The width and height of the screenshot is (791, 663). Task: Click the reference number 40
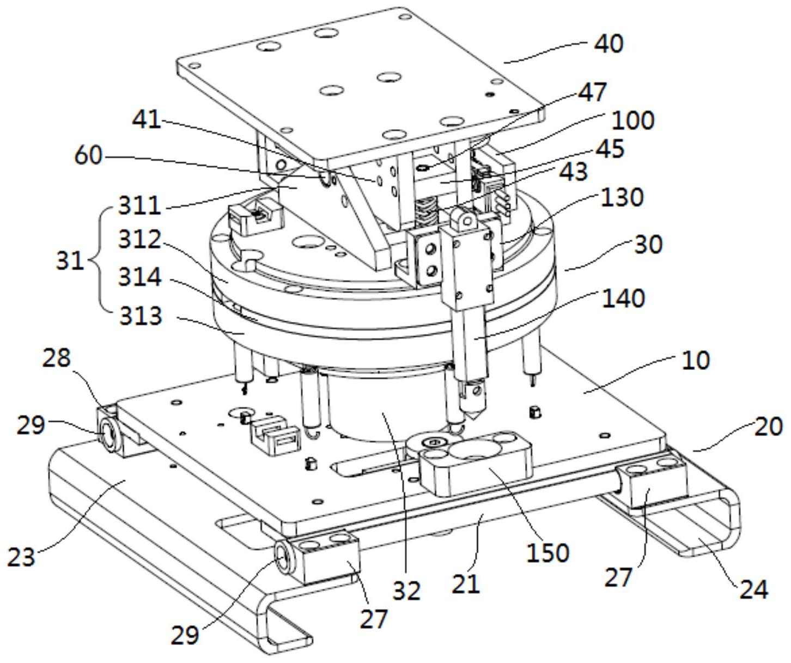click(608, 44)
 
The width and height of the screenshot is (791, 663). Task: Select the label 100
click(633, 120)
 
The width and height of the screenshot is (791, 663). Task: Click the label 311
click(139, 206)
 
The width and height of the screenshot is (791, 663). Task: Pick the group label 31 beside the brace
click(70, 260)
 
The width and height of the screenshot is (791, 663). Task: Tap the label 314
click(140, 277)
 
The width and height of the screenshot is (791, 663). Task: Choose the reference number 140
click(623, 298)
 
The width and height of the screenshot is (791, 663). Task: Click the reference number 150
click(548, 552)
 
